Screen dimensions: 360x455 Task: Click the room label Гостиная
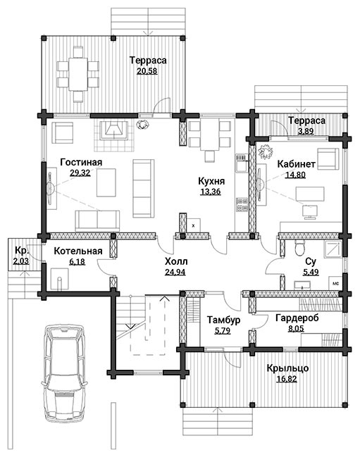pyautogui.click(x=81, y=162)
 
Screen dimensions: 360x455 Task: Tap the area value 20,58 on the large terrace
pyautogui.click(x=147, y=71)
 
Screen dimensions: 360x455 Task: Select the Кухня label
pyautogui.click(x=211, y=181)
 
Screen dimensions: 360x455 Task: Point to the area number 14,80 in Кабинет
pyautogui.click(x=295, y=175)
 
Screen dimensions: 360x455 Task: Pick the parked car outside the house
pyautogui.click(x=64, y=373)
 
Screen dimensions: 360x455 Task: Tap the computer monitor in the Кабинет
pyautogui.click(x=310, y=212)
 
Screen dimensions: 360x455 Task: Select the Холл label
pyautogui.click(x=176, y=261)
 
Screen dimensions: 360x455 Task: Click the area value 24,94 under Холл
pyautogui.click(x=175, y=272)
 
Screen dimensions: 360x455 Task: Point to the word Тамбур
pyautogui.click(x=223, y=320)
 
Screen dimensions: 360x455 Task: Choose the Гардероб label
pyautogui.click(x=297, y=318)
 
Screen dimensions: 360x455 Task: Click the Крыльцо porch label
pyautogui.click(x=287, y=368)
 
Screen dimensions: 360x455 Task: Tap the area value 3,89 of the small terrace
pyautogui.click(x=306, y=131)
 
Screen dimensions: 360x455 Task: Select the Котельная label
pyautogui.click(x=78, y=251)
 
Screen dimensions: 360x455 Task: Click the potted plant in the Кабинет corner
pyautogui.click(x=266, y=151)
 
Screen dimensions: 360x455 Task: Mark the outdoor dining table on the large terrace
pyautogui.click(x=77, y=74)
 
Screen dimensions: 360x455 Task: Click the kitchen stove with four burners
pyautogui.click(x=242, y=204)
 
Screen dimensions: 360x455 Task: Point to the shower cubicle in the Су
pyautogui.click(x=333, y=249)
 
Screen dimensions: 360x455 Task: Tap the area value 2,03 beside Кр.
pyautogui.click(x=21, y=261)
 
